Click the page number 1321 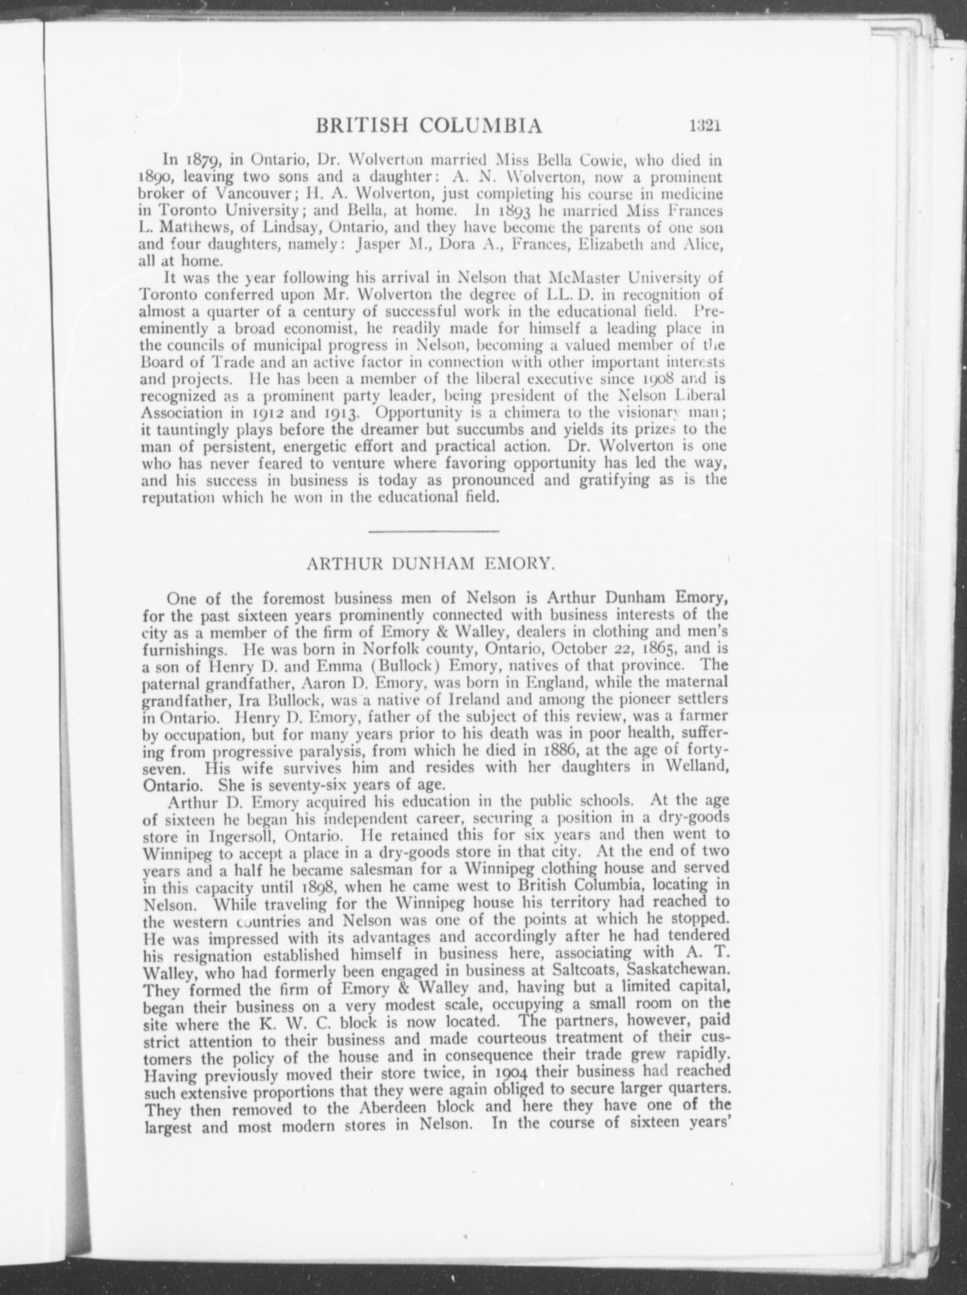704,127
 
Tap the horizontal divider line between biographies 433,531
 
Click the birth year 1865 657,649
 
